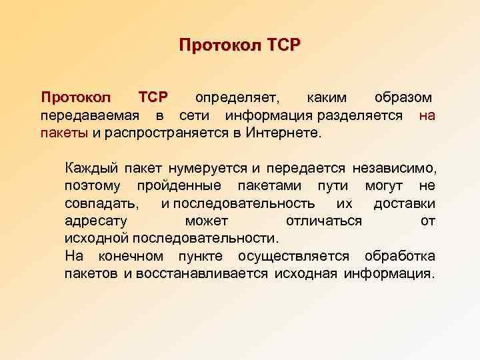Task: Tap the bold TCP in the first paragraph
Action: pos(153,97)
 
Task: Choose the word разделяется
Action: pos(365,115)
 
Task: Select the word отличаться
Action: pos(324,220)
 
